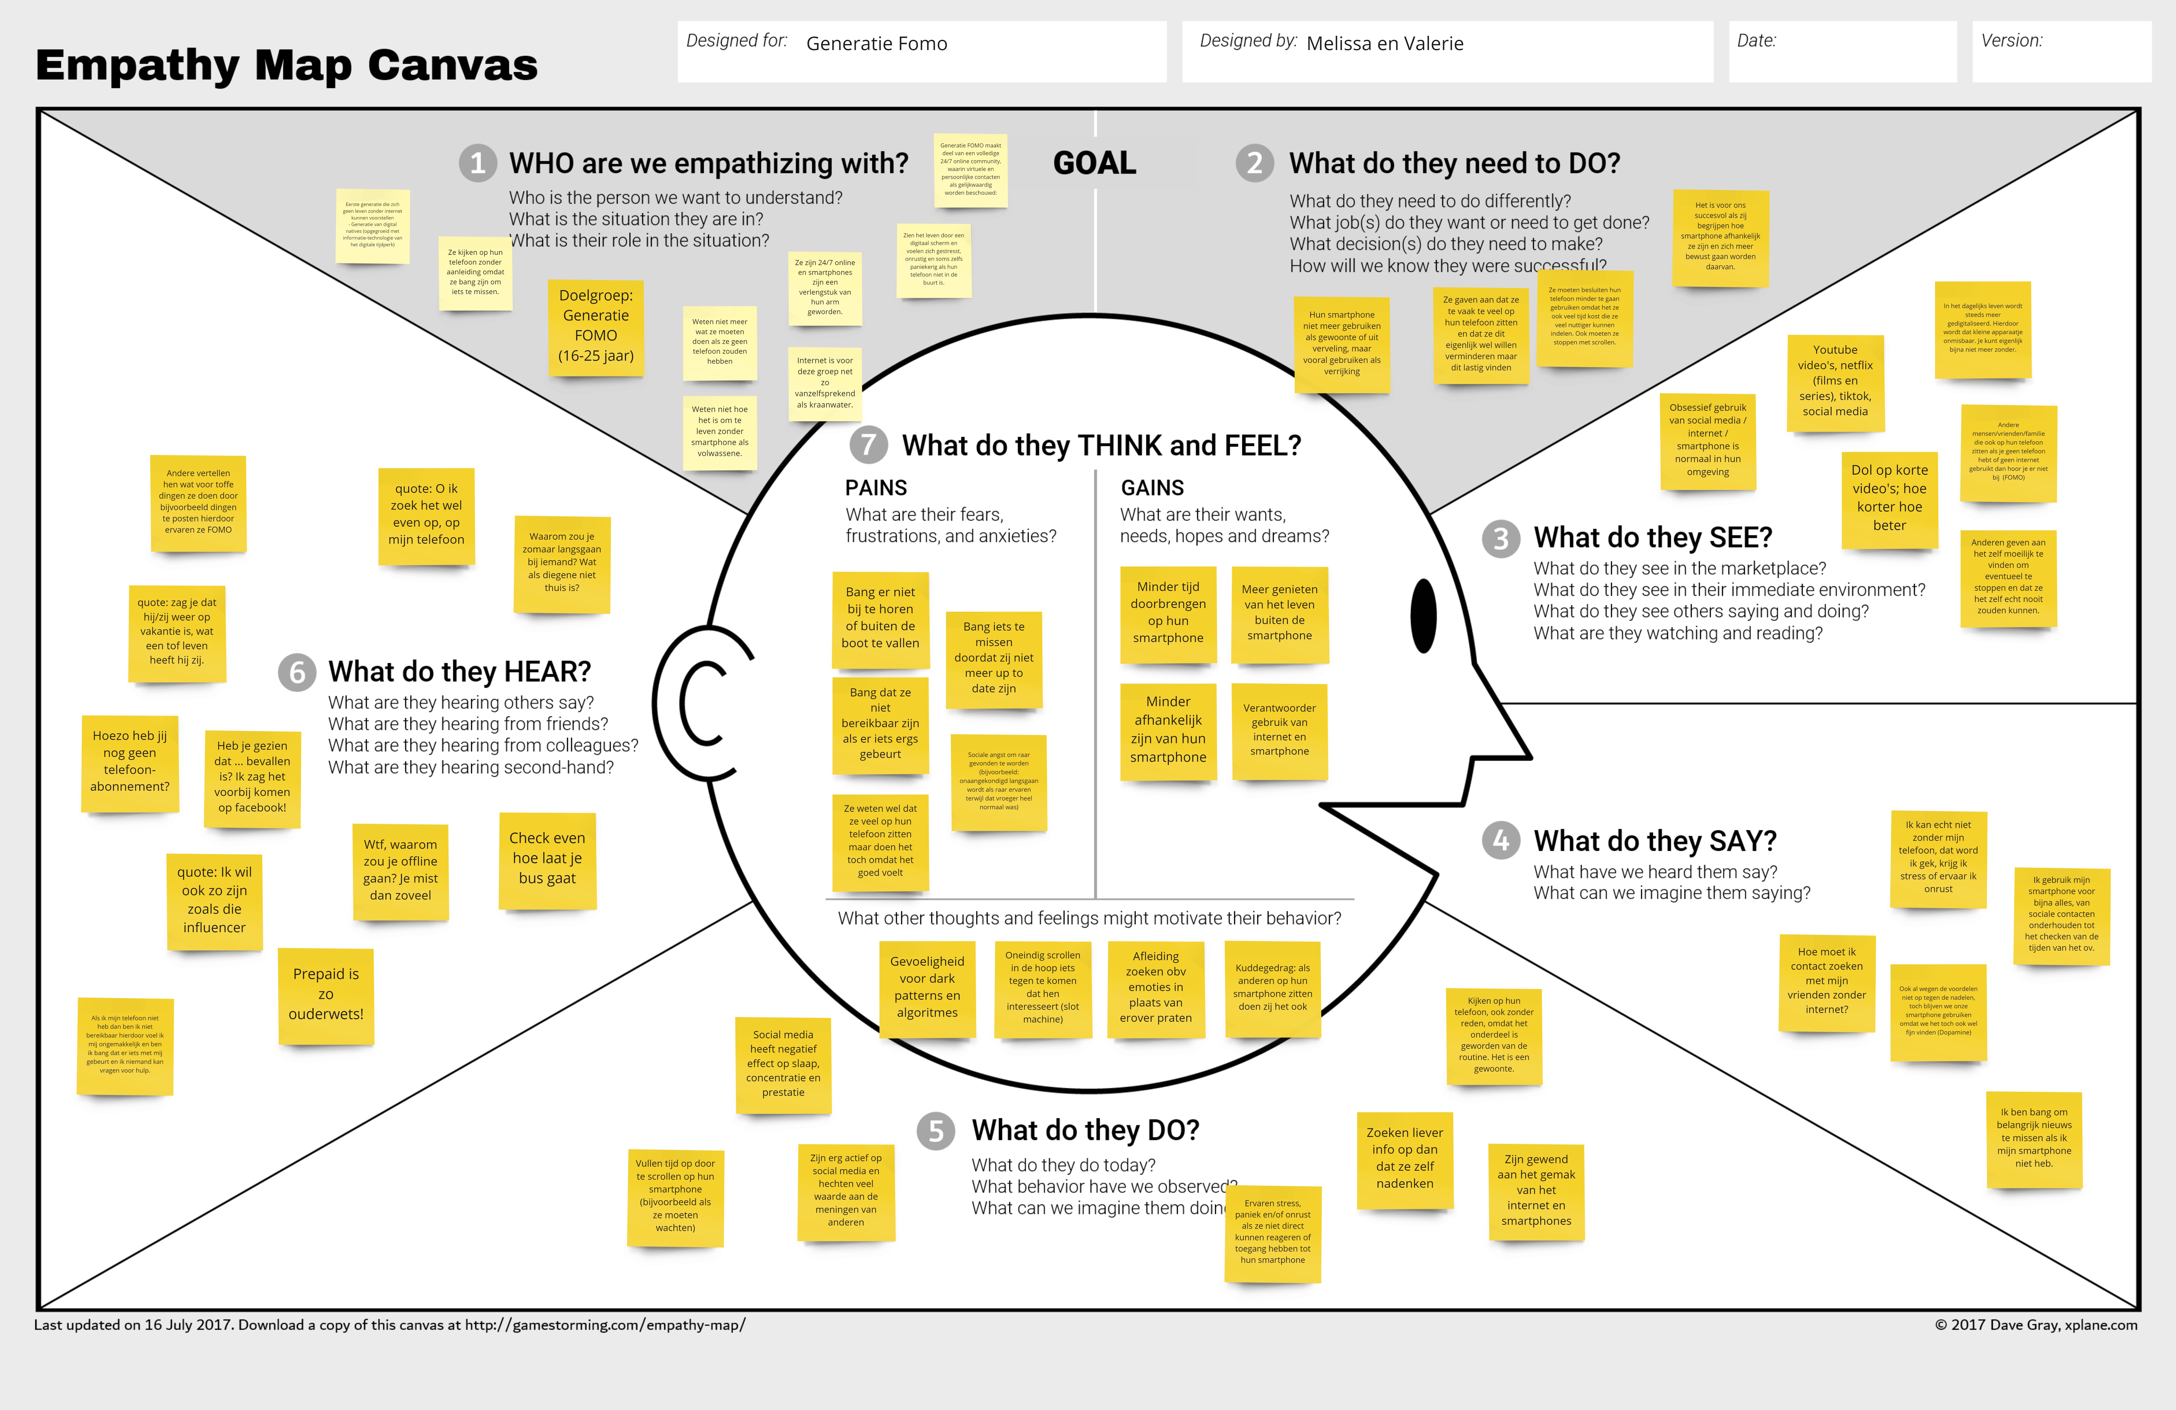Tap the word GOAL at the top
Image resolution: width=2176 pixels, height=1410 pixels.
click(1094, 164)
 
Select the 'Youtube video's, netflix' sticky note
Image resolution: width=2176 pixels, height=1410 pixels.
click(1835, 381)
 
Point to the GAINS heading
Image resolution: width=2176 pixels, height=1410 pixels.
click(1152, 488)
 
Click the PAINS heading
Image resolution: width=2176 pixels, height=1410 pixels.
click(876, 488)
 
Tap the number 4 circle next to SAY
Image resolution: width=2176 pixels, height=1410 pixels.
click(1500, 840)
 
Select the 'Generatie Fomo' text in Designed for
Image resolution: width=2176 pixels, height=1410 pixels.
click(876, 44)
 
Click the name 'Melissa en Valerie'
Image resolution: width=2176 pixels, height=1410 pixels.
click(1384, 44)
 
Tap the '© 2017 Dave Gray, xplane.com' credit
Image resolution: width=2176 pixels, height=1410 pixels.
click(2035, 1325)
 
